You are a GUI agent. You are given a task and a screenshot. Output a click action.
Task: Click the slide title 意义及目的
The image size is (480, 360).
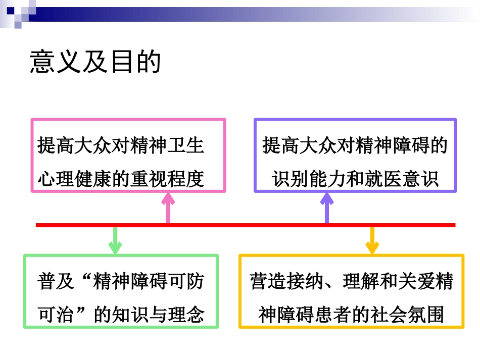pyautogui.click(x=95, y=62)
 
